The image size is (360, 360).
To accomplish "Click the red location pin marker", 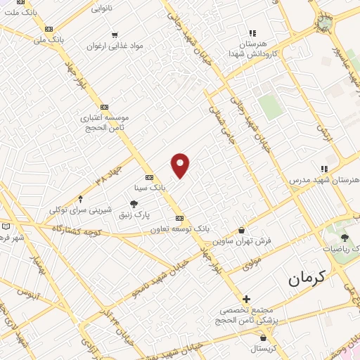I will [x=181, y=165].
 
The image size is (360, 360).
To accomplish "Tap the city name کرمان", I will [x=308, y=279].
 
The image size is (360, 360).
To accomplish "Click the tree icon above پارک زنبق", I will [x=134, y=202].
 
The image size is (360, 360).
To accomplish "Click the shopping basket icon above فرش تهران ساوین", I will [x=242, y=230].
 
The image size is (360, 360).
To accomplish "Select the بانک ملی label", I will [x=49, y=40].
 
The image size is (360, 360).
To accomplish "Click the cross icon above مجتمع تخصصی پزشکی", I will [x=246, y=298].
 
